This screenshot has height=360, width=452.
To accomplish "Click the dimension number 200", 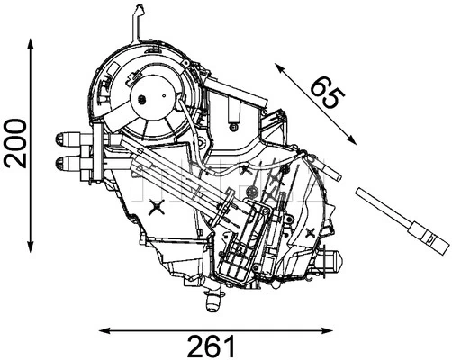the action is [15, 143].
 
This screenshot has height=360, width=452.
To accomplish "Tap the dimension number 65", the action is [327, 92].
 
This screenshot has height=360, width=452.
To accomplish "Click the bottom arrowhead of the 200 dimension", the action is [31, 246].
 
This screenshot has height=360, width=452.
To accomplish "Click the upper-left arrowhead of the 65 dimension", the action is [279, 68].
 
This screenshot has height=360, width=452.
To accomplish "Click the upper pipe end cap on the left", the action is [59, 139].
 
